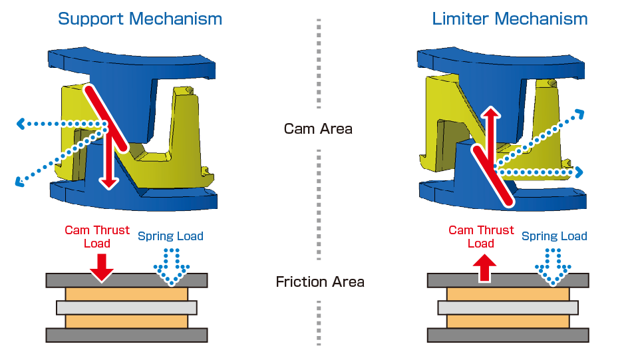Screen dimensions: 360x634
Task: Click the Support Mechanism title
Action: click(140, 18)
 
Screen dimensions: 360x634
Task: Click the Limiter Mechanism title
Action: click(510, 18)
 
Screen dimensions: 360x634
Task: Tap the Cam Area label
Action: click(317, 128)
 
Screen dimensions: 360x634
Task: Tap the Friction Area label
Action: click(320, 282)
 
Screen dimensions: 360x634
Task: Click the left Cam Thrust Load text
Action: click(97, 236)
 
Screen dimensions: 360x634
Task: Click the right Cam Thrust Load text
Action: click(481, 236)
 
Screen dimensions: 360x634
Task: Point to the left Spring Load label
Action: click(170, 236)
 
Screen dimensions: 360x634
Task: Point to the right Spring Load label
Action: click(554, 236)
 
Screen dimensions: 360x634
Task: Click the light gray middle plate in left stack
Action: click(126, 307)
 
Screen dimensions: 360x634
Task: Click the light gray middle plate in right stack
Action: click(508, 307)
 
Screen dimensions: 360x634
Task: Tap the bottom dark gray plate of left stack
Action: click(126, 335)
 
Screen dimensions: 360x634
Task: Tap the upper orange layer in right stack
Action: click(508, 293)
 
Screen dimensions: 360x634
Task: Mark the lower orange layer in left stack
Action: click(126, 321)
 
